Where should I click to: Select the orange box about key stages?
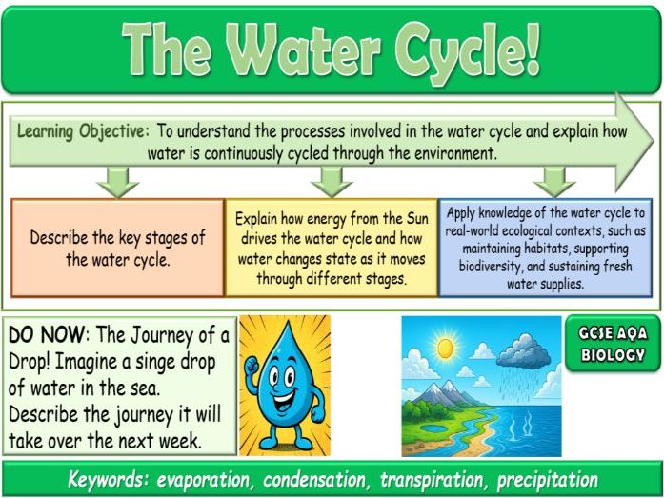tap(117, 248)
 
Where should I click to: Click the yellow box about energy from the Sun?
tap(331, 248)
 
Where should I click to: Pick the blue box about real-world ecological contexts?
tap(546, 248)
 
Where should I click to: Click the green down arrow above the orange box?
tap(117, 180)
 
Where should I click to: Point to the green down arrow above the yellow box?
tap(332, 180)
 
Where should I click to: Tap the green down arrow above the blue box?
tap(554, 180)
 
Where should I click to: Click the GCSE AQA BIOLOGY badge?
tap(612, 345)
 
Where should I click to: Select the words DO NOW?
tap(44, 336)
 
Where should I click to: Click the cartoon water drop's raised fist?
tap(252, 366)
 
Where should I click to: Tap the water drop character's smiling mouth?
tap(290, 392)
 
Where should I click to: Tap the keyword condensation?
tap(304, 480)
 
